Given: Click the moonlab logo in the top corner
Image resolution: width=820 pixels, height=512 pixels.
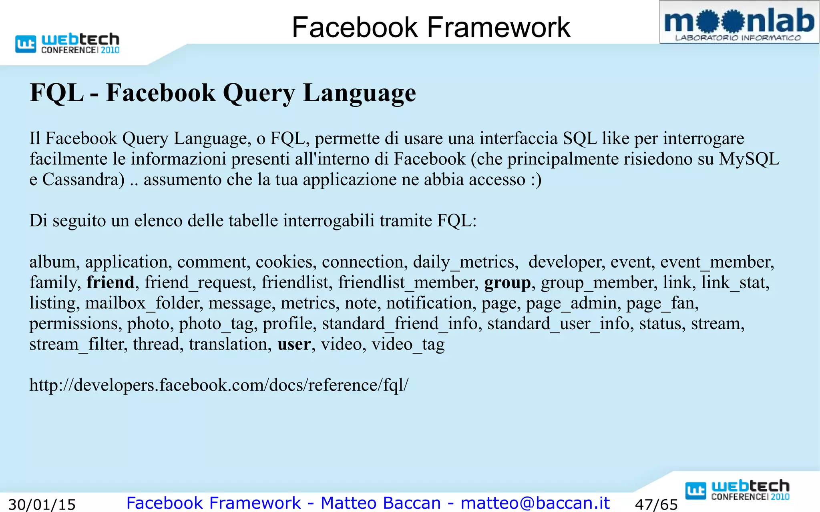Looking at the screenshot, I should pyautogui.click(x=739, y=22).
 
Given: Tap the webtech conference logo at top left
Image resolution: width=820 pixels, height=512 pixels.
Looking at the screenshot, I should pyautogui.click(x=68, y=43).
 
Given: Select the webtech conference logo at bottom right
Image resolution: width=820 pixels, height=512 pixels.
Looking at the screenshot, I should pyautogui.click(x=738, y=490).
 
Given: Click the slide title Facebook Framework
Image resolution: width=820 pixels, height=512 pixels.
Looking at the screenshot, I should pyautogui.click(x=431, y=27).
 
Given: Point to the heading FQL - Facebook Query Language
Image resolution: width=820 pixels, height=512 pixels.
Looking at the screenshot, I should pyautogui.click(x=223, y=93).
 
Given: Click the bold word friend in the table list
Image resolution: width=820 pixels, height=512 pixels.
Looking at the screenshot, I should pyautogui.click(x=111, y=282).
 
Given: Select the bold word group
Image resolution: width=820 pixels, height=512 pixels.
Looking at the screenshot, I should pyautogui.click(x=507, y=282).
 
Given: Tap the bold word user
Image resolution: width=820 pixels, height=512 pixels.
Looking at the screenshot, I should pyautogui.click(x=294, y=344).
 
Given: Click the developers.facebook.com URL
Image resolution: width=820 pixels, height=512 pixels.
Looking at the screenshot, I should pyautogui.click(x=219, y=385).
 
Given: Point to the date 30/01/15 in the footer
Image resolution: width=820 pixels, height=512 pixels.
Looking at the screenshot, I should pyautogui.click(x=42, y=504).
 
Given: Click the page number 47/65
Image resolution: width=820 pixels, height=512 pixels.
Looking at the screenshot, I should pyautogui.click(x=656, y=504).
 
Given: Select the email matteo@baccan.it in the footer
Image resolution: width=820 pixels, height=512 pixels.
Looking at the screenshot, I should pyautogui.click(x=535, y=503).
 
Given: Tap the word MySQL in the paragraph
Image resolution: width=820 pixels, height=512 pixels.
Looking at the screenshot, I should pyautogui.click(x=749, y=159).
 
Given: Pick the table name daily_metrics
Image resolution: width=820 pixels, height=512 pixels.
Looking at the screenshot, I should pyautogui.click(x=466, y=262).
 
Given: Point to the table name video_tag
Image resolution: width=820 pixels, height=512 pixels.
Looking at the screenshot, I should pyautogui.click(x=408, y=344).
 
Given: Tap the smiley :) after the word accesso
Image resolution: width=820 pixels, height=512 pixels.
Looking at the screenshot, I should pyautogui.click(x=536, y=180).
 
